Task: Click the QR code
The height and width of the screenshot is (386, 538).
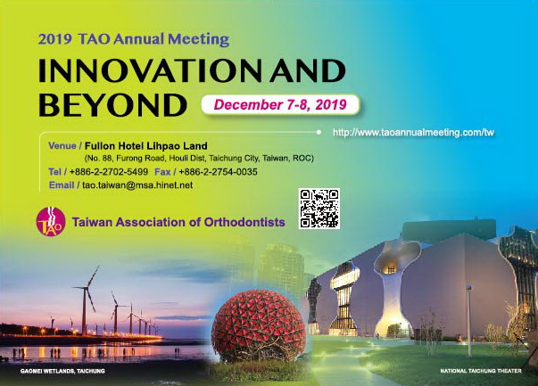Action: (319, 209)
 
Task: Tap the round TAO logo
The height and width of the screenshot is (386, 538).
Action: (51, 222)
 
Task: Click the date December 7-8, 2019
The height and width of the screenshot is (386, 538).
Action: (280, 104)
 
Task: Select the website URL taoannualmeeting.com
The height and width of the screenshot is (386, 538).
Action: (413, 132)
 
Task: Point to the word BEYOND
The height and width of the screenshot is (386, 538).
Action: (112, 104)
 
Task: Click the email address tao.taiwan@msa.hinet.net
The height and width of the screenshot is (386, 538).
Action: (137, 185)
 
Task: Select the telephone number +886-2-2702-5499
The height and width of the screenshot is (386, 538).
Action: (109, 172)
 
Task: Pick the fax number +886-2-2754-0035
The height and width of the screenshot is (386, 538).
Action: (218, 172)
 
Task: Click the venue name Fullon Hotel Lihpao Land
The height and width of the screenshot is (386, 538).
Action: (145, 146)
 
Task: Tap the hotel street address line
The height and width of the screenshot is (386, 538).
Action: (199, 159)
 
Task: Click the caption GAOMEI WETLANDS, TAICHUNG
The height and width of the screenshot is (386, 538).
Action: (62, 371)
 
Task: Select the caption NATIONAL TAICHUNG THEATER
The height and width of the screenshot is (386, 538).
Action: (481, 371)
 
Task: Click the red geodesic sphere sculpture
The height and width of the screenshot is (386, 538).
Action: (259, 325)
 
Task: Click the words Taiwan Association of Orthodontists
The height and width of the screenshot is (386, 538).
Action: (178, 222)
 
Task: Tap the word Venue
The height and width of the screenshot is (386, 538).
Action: (62, 145)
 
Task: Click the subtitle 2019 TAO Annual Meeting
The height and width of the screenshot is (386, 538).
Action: (134, 39)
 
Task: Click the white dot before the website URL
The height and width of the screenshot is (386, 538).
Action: (319, 132)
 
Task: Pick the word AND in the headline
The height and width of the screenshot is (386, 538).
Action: (308, 71)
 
